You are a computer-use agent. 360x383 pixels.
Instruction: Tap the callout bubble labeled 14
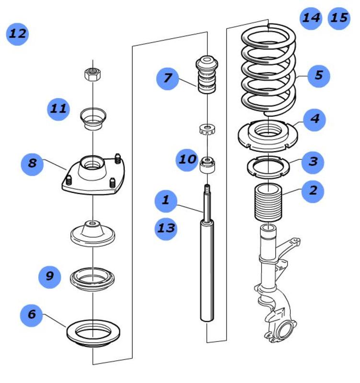tap(311, 18)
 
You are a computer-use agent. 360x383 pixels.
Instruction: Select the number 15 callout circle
tap(339, 18)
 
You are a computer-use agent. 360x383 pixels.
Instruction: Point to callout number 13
tap(166, 228)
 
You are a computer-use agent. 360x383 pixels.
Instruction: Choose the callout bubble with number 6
tap(32, 315)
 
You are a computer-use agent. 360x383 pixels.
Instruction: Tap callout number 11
tap(58, 109)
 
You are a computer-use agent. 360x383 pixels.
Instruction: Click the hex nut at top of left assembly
tap(92, 74)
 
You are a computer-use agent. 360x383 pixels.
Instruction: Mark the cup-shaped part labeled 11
tap(93, 120)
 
